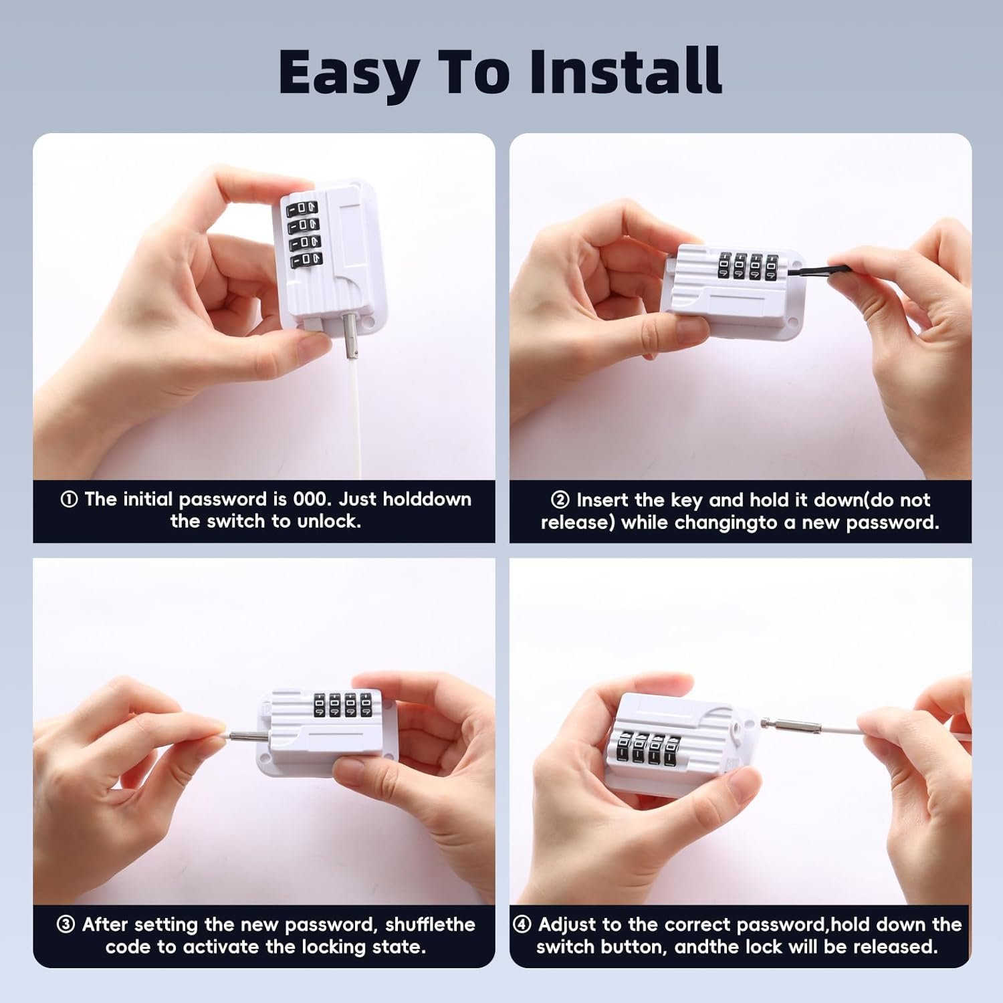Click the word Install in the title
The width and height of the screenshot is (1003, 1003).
pyautogui.click(x=625, y=72)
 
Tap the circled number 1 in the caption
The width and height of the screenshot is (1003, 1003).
pyautogui.click(x=69, y=499)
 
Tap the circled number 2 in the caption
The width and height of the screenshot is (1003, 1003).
pyautogui.click(x=560, y=500)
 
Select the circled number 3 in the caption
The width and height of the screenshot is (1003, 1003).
pyautogui.click(x=66, y=925)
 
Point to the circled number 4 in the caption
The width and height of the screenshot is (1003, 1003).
pyautogui.click(x=522, y=925)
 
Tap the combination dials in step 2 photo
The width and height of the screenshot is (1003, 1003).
pyautogui.click(x=748, y=265)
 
